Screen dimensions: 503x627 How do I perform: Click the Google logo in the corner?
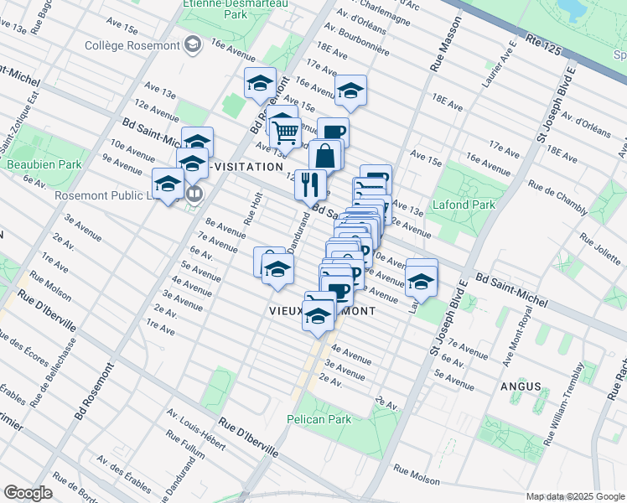28,493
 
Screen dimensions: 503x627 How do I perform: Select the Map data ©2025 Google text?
573,496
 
